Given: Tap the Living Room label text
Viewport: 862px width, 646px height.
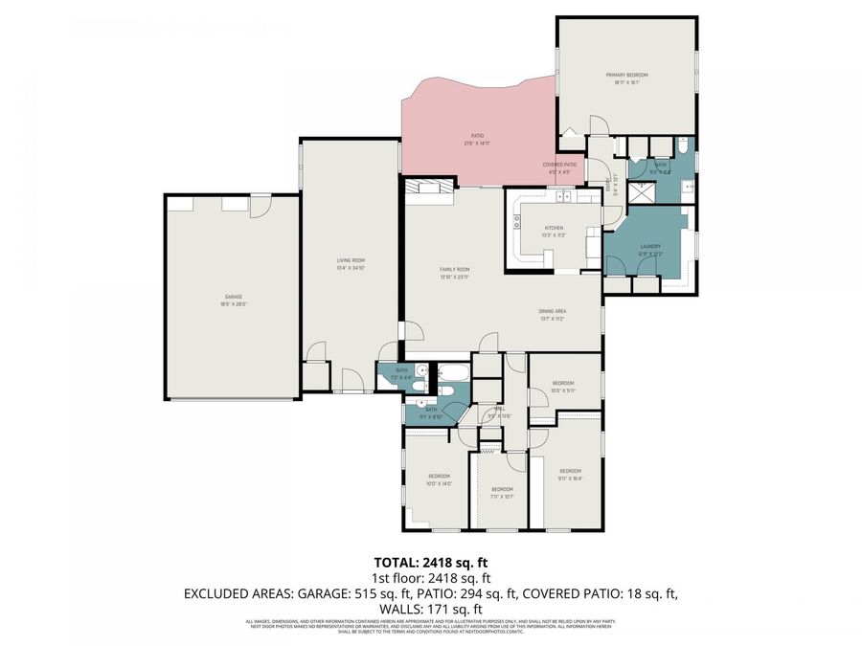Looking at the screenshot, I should pos(351,260).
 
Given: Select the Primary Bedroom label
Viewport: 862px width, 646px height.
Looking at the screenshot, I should pos(626,75).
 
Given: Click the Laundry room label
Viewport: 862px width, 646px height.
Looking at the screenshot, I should pos(650,247).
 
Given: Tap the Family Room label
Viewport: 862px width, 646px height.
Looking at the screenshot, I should pos(455,270).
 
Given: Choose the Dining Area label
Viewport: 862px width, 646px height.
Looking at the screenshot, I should pos(552,311).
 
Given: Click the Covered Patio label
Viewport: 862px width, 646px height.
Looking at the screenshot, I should pos(560,165).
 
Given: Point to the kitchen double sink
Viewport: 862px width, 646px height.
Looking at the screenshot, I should pos(561,197).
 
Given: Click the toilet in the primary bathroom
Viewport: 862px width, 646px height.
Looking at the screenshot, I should pos(683,146).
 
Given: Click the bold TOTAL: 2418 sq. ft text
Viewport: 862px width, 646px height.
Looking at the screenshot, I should pos(430,562).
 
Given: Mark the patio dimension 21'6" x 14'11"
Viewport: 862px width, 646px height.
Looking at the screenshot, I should pos(477,144).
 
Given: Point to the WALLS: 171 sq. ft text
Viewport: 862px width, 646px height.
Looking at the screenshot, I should pos(430,609).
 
